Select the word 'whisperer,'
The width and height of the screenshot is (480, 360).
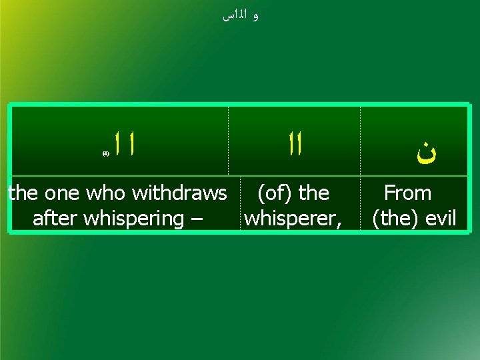(293, 218)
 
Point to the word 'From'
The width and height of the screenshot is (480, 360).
(407, 193)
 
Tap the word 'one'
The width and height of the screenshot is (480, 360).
(63, 193)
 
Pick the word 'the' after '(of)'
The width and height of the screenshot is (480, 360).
(314, 193)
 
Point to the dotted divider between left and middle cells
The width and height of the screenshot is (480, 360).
(229, 141)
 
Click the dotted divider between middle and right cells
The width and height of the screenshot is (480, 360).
(361, 141)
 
